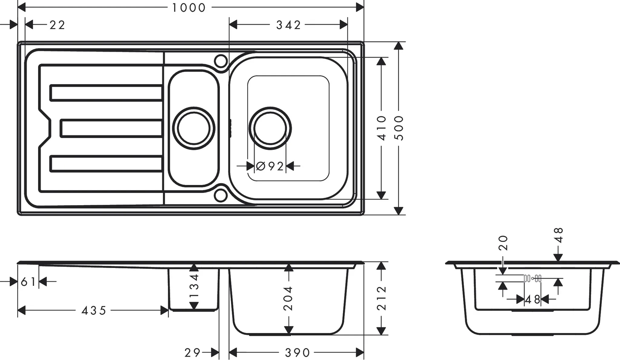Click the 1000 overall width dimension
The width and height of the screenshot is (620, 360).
coord(189,8)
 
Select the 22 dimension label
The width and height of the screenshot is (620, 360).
coord(57,25)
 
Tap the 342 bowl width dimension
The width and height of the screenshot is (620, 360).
coord(288,25)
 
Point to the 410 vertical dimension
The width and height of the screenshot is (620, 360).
coord(382,128)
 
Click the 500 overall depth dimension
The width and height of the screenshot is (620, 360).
coord(400,128)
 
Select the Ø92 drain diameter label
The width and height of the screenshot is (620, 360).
coord(270,166)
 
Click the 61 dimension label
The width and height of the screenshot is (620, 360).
coord(28,282)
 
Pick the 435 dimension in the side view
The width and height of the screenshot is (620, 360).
coord(94,311)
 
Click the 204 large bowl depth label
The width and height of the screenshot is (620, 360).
coord(289,298)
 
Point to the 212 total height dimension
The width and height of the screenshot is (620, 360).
coord(382,298)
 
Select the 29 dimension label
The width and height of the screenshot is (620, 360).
coord(193,353)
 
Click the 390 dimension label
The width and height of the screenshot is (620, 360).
coord(297,353)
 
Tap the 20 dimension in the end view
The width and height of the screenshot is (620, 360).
coord(503,243)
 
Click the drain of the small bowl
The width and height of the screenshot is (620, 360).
coord(194,128)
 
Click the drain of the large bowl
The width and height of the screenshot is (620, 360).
coord(270,128)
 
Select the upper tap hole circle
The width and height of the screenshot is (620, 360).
coord(221,61)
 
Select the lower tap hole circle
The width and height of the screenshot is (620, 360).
coord(221,195)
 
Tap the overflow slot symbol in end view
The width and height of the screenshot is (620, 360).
coord(533,278)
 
